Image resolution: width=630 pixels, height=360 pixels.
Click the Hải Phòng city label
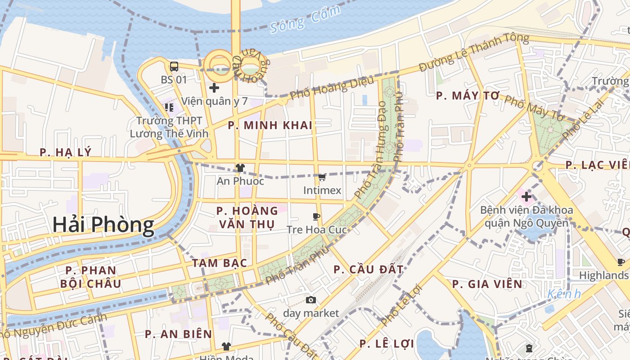pyautogui.click(x=103, y=225)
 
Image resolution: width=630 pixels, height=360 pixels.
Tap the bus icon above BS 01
pyautogui.click(x=174, y=67)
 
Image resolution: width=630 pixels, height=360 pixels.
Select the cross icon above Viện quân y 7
pyautogui.click(x=214, y=88)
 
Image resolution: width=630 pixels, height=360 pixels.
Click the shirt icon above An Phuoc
pyautogui.click(x=240, y=168)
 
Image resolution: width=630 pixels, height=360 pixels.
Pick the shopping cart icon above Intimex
pyautogui.click(x=322, y=177)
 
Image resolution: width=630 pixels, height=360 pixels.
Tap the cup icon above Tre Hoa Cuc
pyautogui.click(x=316, y=216)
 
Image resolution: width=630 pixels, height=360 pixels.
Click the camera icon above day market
pyautogui.click(x=310, y=300)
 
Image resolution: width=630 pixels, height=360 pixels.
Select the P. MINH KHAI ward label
pyautogui.click(x=270, y=126)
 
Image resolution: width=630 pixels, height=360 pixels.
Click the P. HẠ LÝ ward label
pyautogui.click(x=66, y=153)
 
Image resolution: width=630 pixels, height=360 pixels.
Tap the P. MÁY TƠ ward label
pyautogui.click(x=468, y=96)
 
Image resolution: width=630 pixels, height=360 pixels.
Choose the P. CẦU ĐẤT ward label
pyautogui.click(x=369, y=270)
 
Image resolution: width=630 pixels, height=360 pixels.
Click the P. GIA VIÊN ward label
pyautogui.click(x=487, y=284)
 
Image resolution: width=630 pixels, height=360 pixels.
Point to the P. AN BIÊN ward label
pyautogui.click(x=178, y=334)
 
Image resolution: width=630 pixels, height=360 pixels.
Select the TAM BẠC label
pyautogui.click(x=220, y=263)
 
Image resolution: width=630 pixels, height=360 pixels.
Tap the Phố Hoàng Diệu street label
pyautogui.click(x=332, y=88)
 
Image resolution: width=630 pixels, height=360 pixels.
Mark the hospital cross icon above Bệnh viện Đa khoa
pyautogui.click(x=526, y=196)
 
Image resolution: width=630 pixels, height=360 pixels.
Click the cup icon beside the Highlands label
pyautogui.click(x=621, y=262)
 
